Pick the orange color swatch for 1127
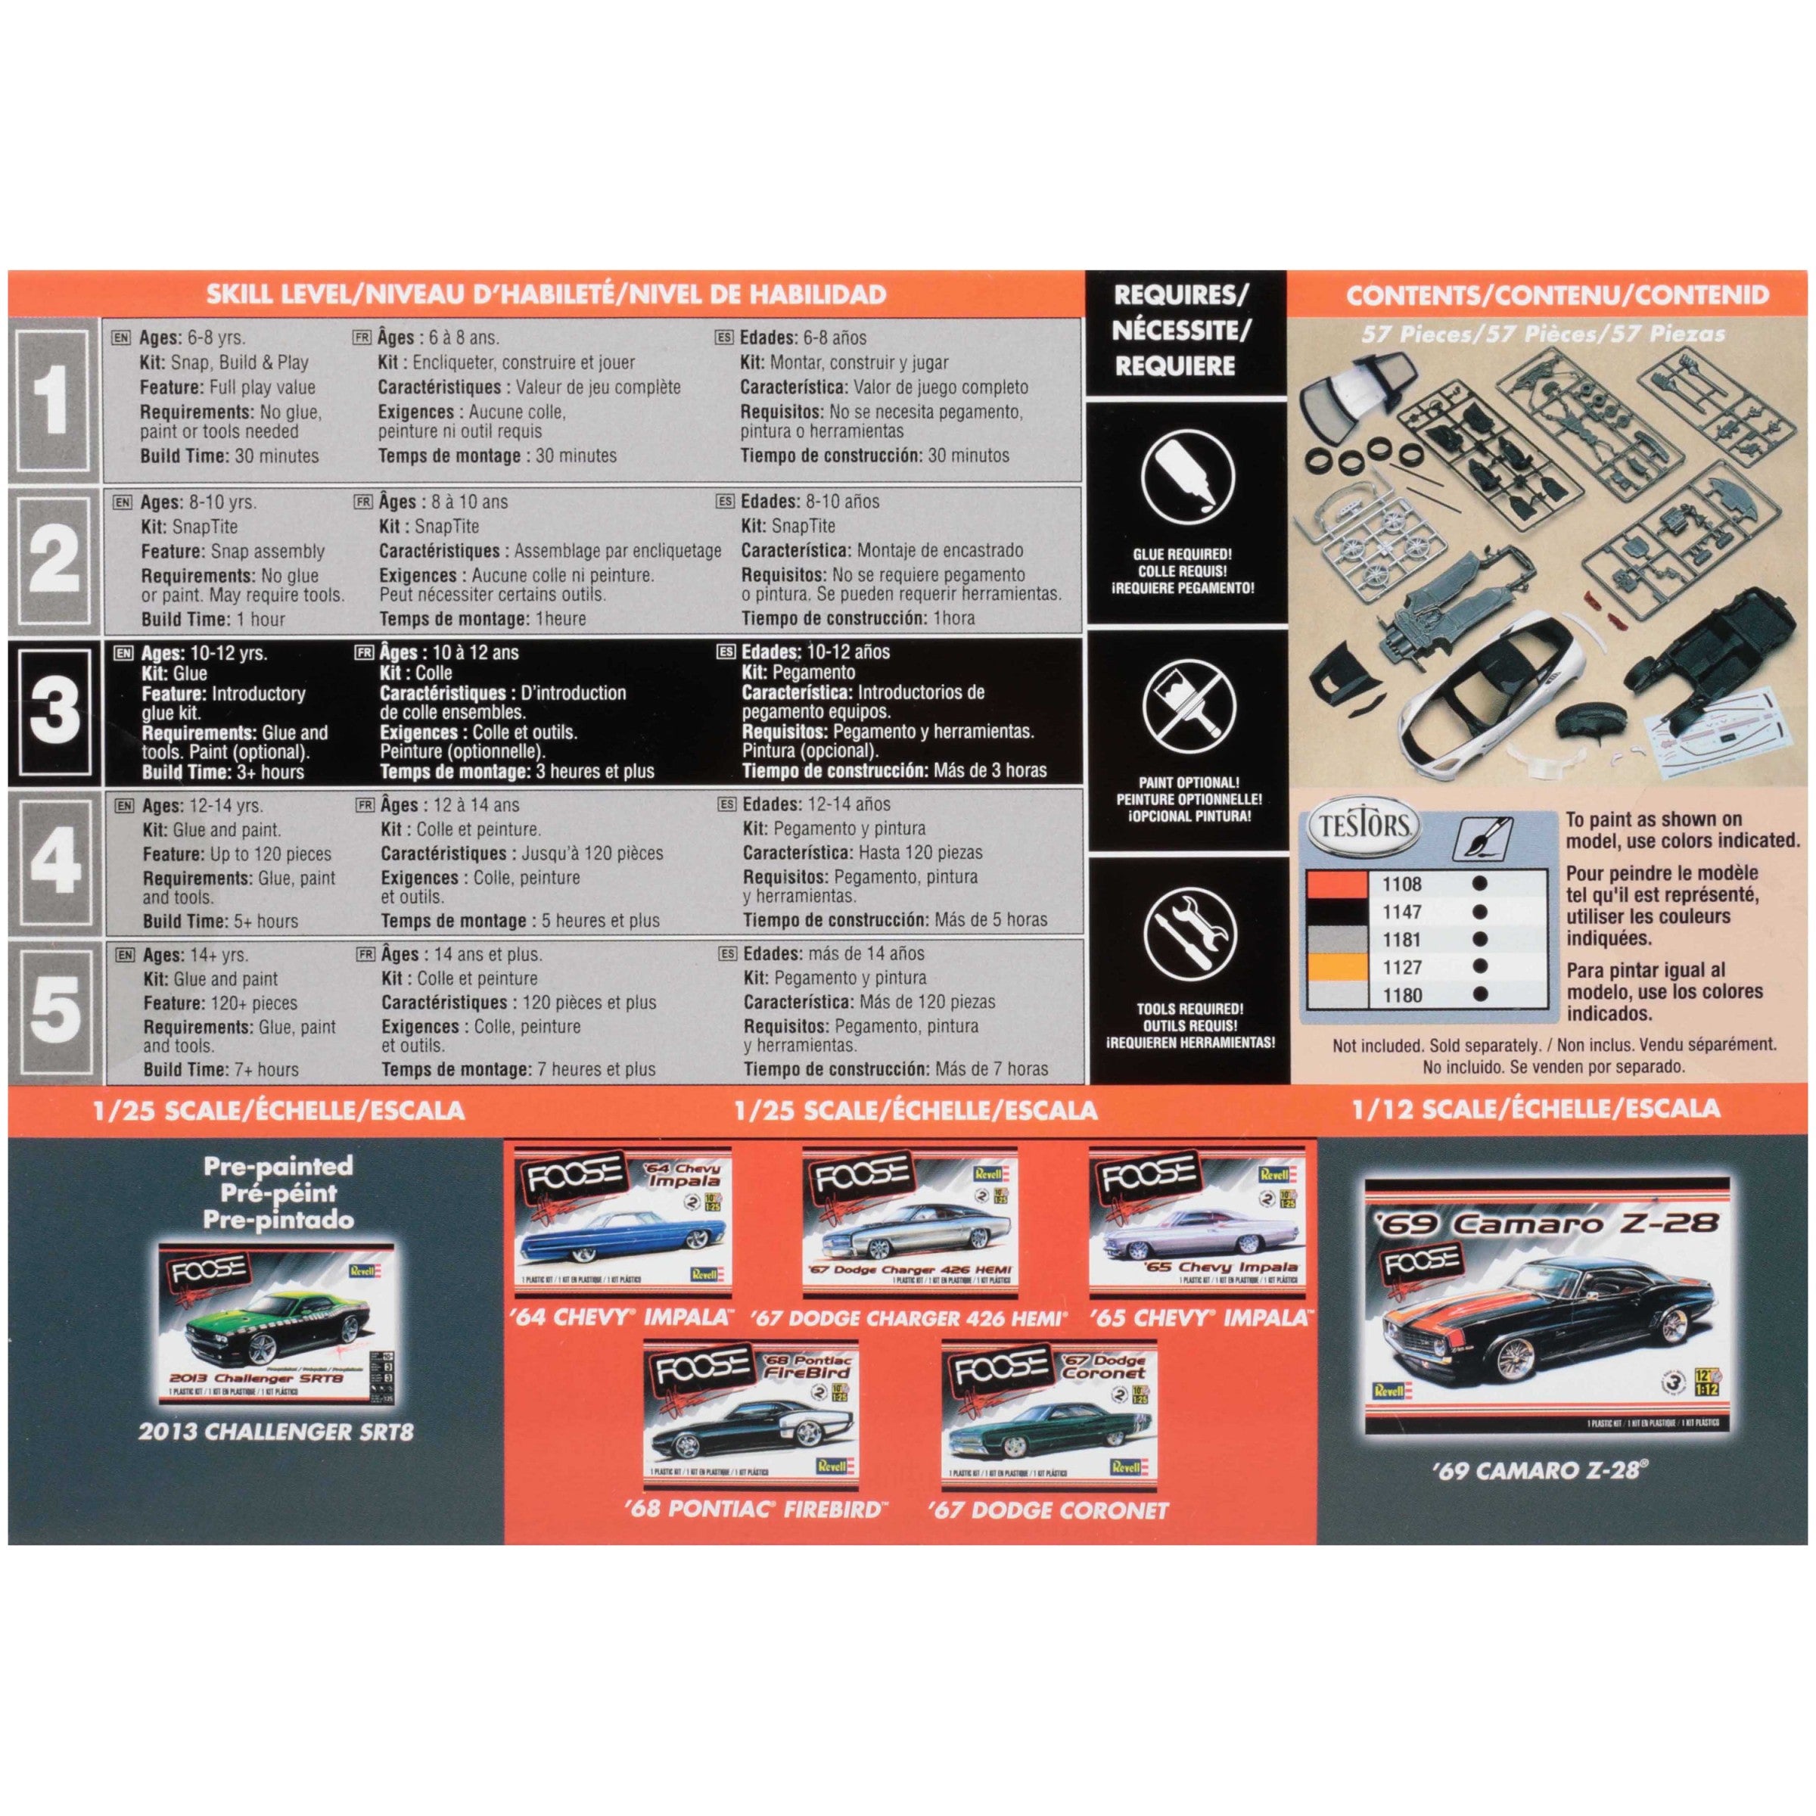click(1334, 967)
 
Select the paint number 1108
click(1401, 885)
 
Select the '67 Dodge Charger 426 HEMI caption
click(909, 1318)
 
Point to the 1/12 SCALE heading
click(1535, 1109)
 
